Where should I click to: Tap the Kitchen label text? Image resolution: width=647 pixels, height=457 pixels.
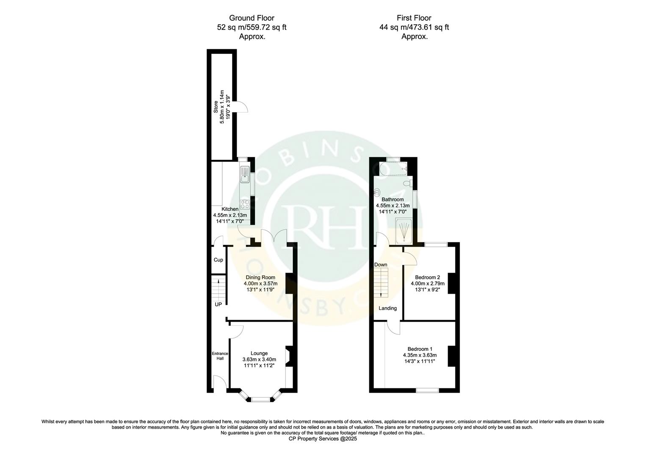230,209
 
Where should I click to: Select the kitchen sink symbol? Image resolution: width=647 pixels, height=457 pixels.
245,174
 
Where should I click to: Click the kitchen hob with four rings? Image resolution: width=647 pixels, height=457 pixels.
245,205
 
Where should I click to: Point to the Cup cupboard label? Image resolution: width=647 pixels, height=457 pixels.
218,260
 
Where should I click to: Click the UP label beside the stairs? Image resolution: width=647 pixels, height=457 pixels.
218,304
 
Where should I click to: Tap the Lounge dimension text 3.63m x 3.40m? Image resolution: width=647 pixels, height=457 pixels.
259,360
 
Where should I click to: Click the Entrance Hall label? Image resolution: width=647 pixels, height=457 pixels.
220,356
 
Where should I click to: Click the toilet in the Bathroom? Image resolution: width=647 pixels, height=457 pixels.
407,183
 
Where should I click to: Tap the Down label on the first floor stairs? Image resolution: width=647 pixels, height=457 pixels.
380,264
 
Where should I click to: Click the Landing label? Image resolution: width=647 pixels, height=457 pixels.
387,308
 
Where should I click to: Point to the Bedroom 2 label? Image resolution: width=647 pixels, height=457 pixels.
425,277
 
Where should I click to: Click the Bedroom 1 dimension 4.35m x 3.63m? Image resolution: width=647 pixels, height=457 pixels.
419,355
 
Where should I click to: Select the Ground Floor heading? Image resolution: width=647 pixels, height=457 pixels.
252,18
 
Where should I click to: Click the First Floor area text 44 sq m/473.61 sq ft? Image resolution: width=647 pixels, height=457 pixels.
414,27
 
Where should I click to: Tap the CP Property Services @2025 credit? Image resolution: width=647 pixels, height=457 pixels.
323,439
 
